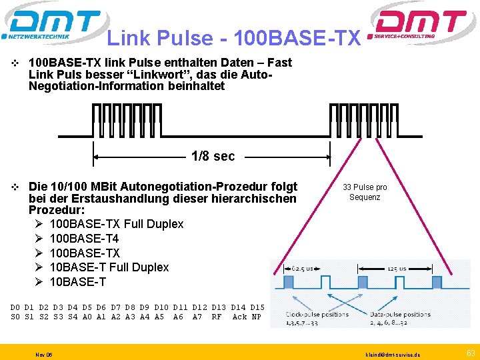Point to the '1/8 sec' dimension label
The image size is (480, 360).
point(213,157)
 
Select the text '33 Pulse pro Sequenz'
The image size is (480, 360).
point(365,192)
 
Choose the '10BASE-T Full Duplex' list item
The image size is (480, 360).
point(109,267)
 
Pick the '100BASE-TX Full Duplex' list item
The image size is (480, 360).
point(117,224)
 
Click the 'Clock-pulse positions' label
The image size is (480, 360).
point(316,313)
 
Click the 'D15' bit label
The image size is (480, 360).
point(257,307)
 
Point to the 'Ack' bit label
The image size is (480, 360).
point(239,317)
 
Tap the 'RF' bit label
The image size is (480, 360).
point(217,317)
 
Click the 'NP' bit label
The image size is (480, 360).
point(257,317)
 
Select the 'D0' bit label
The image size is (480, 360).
point(15,307)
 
